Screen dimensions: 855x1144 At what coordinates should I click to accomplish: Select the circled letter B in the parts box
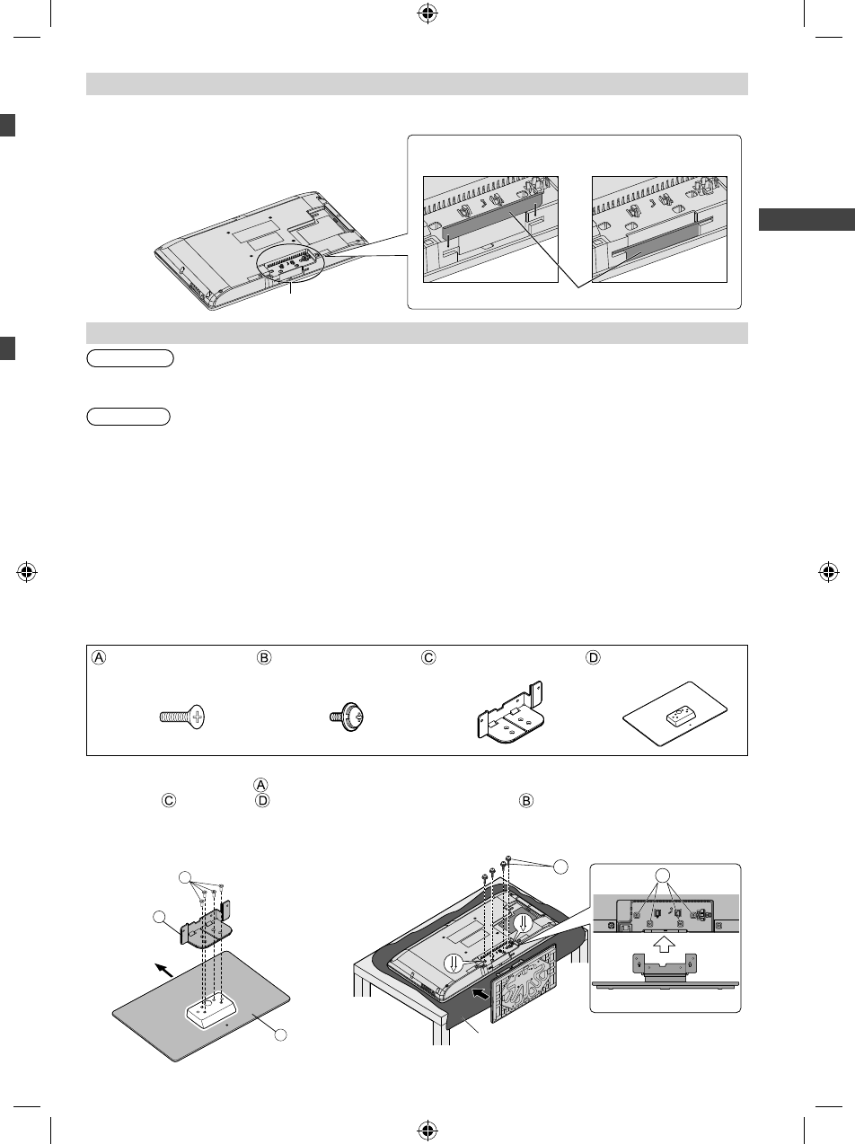[x=264, y=657]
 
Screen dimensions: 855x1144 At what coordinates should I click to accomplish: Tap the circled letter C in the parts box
[x=428, y=657]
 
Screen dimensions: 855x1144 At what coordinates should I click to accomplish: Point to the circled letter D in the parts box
[x=592, y=657]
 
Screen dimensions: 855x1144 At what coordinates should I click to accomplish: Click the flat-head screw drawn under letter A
[x=181, y=717]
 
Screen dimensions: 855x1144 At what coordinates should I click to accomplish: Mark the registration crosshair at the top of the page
[x=427, y=13]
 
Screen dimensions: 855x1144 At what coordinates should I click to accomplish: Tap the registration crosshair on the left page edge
[x=26, y=571]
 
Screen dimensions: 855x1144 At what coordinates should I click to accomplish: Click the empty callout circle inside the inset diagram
[x=662, y=876]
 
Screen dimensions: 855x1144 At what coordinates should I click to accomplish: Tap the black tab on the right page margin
[x=806, y=220]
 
